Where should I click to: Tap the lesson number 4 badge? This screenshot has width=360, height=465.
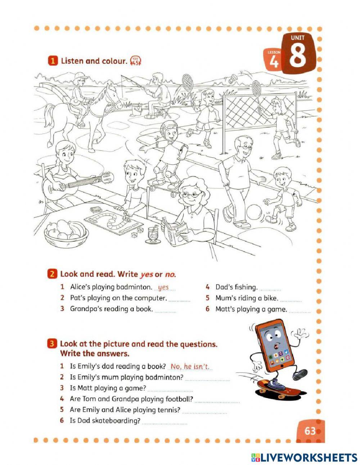coord(274,62)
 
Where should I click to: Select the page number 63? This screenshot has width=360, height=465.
coord(310,431)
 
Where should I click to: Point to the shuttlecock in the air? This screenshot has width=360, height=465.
coord(235,77)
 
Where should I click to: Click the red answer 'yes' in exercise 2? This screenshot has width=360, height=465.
coord(163,287)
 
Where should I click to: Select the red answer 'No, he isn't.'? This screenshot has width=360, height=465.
coord(190,366)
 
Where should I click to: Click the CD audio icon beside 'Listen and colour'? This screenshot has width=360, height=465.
coord(136,61)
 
